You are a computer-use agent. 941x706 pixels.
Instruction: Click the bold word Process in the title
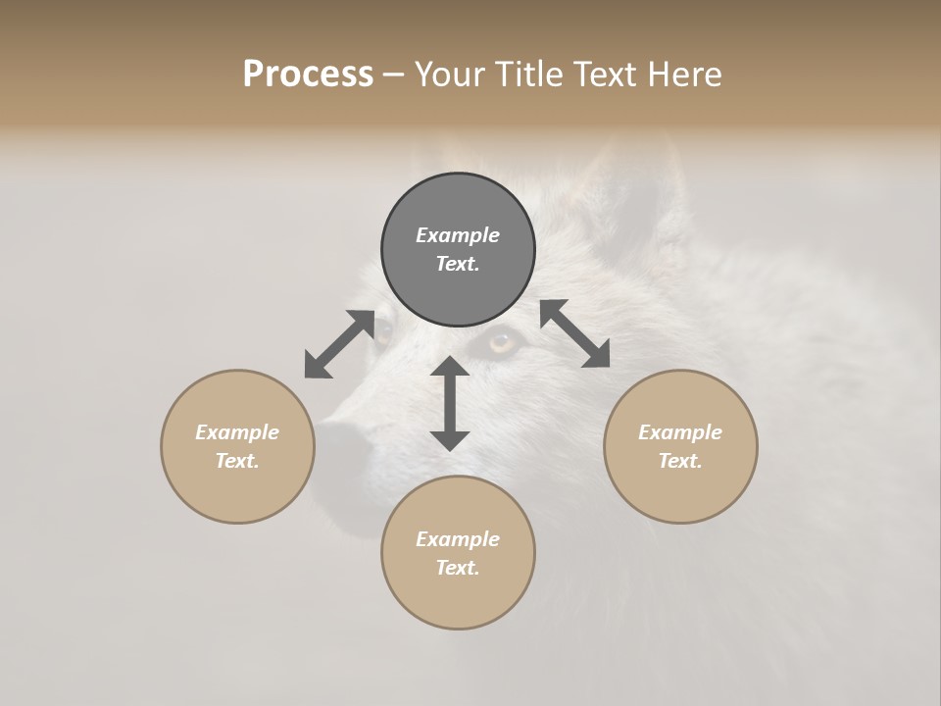click(x=308, y=74)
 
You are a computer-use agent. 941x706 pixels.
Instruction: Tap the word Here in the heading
click(x=683, y=74)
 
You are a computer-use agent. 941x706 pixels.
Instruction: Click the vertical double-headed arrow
click(x=450, y=403)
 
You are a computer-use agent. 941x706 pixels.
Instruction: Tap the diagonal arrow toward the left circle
click(x=339, y=344)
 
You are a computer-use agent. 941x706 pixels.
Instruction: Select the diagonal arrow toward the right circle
click(x=574, y=333)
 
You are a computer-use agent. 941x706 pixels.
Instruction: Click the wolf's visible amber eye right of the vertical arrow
click(x=502, y=342)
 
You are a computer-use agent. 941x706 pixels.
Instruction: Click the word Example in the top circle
click(x=458, y=235)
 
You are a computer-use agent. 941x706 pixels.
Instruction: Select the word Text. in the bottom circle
click(x=458, y=568)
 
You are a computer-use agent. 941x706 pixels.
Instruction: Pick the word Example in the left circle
click(x=237, y=432)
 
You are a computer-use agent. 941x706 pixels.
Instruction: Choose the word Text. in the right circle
click(x=680, y=461)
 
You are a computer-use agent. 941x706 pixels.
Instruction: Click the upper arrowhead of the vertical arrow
click(x=450, y=368)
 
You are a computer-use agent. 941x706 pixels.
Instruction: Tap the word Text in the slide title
click(x=606, y=74)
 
